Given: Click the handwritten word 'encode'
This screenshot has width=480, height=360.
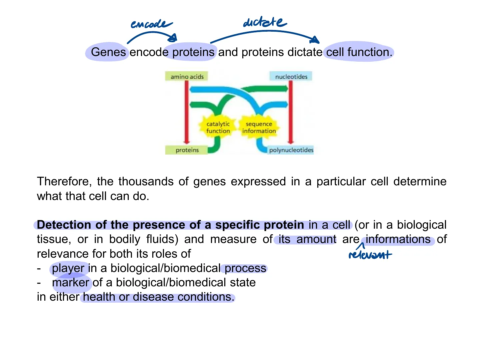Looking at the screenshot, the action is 151,24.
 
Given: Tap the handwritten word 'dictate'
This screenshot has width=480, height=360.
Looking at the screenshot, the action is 265,22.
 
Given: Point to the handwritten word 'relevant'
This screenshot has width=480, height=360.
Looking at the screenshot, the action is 370,255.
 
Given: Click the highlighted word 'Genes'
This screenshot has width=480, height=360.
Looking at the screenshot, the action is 108,52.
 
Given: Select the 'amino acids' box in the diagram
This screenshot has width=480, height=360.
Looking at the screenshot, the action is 186,76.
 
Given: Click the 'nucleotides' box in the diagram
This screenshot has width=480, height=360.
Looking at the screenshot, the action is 291,76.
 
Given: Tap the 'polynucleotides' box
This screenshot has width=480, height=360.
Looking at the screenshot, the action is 291,150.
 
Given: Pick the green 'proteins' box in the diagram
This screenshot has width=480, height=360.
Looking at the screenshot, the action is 186,150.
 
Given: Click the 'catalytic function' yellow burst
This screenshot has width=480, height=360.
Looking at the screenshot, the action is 218,127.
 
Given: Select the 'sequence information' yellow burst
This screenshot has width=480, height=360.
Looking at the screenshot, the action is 259,127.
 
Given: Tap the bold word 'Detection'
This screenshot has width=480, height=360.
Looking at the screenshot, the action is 64,224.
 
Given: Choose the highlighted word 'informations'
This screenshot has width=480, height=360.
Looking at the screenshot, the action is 398,239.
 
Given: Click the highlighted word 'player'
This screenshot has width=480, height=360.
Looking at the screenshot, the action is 68,269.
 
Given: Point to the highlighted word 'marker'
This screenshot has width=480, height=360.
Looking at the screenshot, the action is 71,282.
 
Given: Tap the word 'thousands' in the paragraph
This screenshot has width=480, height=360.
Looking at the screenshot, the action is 146,181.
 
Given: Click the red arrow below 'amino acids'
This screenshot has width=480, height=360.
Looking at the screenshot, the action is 186,112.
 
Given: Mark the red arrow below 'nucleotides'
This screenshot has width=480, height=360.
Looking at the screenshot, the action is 291,112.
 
